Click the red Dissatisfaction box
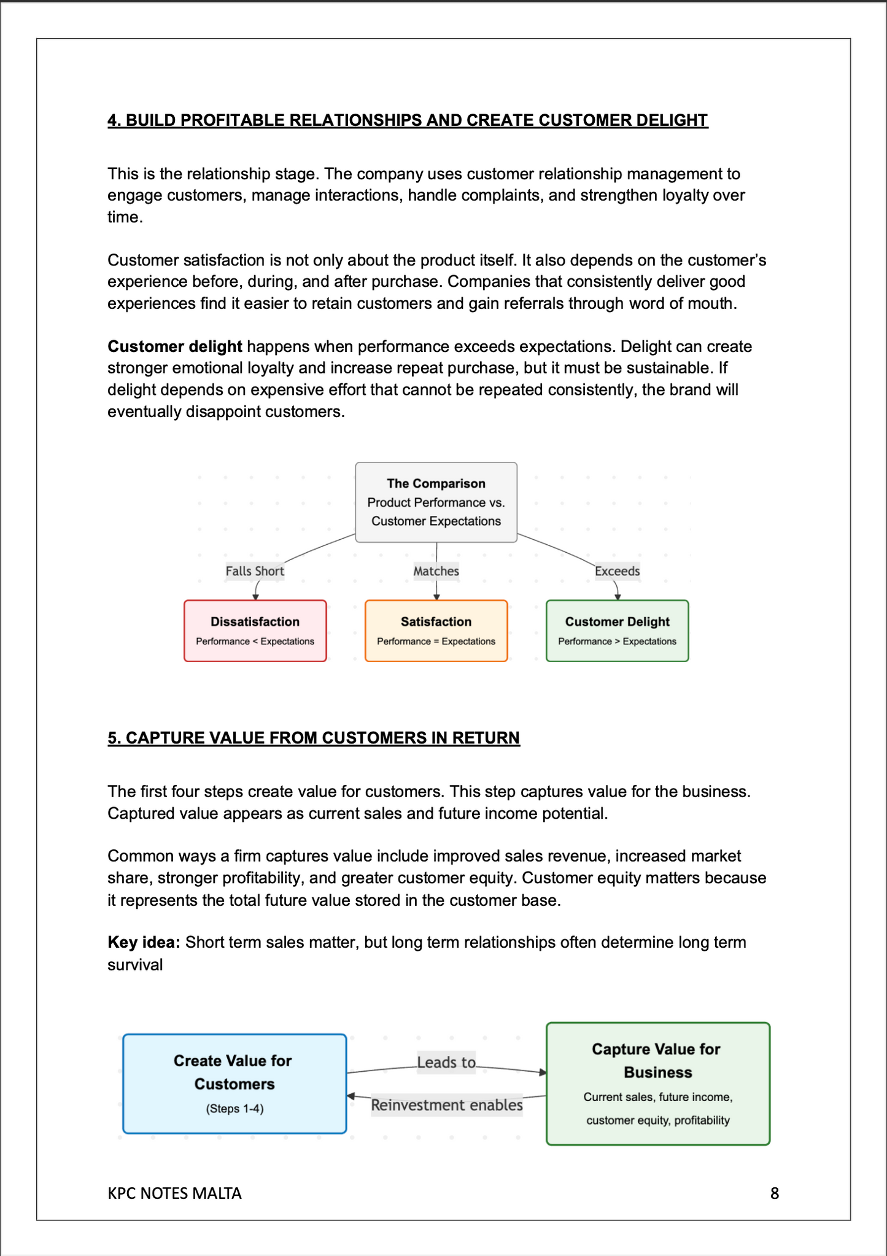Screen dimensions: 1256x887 coord(255,630)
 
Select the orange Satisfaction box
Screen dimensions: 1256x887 coord(436,630)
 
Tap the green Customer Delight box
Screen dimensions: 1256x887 coord(617,630)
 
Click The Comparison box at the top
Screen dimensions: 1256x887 coord(436,502)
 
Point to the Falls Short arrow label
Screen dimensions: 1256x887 coord(255,571)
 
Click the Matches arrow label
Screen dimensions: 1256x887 coord(436,571)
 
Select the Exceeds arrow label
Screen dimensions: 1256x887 coord(617,571)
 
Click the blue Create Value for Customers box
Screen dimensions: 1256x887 coord(234,1083)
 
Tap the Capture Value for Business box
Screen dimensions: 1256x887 coord(657,1083)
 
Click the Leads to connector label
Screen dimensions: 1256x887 coord(446,1062)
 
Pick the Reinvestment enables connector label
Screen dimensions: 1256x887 coord(446,1105)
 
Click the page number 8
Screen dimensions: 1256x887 coord(774,1193)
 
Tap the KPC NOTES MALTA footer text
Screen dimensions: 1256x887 coord(174,1193)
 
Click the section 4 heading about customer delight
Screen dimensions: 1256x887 coord(408,120)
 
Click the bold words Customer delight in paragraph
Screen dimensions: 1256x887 coord(175,346)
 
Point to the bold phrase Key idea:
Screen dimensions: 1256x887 coord(144,942)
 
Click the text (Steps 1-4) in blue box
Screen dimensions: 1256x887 coord(234,1109)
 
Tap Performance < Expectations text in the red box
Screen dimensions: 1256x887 coord(255,641)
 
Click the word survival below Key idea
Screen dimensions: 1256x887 coord(135,964)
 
